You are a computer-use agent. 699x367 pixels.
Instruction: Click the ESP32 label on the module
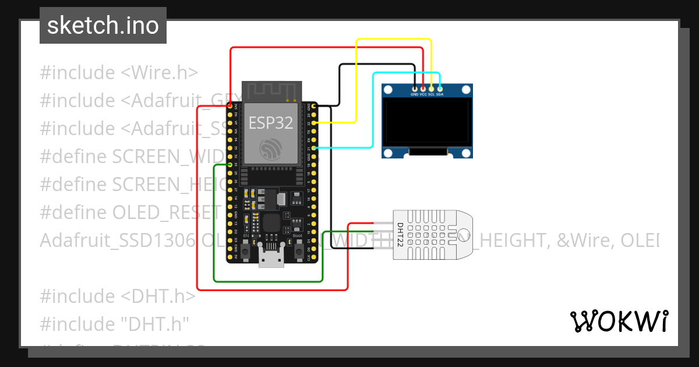[271, 123]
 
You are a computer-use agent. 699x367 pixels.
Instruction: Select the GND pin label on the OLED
[415, 94]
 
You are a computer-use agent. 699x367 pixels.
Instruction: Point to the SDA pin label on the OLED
[440, 94]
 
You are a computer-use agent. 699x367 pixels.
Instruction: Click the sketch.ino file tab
[103, 26]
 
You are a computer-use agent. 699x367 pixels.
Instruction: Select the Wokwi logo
[619, 321]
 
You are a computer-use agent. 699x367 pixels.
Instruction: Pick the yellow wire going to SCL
[393, 40]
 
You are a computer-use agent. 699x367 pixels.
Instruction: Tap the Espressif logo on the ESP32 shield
[271, 150]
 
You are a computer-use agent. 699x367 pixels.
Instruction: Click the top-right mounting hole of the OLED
[465, 90]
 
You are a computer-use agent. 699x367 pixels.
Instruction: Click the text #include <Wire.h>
[119, 73]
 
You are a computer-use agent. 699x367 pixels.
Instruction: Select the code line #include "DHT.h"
[115, 323]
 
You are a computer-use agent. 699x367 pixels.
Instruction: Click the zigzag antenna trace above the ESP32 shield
[271, 91]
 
